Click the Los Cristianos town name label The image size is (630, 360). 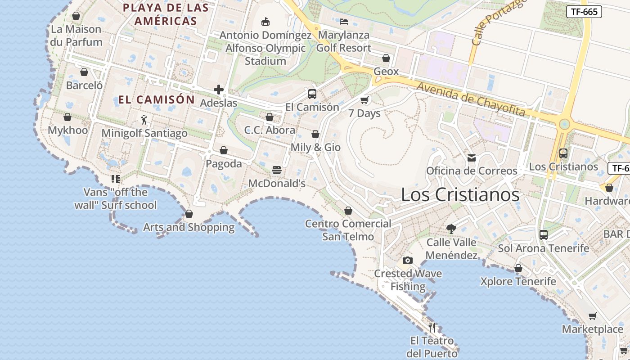coord(460,195)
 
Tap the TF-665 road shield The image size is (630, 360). coord(584,12)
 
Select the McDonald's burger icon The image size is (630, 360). coord(277,170)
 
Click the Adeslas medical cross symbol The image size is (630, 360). coord(219,90)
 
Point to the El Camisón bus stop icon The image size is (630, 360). coord(312,94)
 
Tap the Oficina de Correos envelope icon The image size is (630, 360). coord(472,157)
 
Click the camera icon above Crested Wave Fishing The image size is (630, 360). coord(408,260)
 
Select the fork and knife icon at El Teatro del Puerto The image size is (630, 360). coord(432,327)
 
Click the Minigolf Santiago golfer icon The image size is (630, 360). coord(144,120)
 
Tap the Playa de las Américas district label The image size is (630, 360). coord(166,14)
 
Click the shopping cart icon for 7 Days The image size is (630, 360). coord(364,100)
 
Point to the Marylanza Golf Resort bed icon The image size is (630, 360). coord(344,21)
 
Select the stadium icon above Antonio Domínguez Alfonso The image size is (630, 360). coord(265,22)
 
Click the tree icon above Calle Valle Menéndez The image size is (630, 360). coord(451,229)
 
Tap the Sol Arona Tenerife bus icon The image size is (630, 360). coord(544,234)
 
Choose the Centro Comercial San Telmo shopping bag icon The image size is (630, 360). coord(348,210)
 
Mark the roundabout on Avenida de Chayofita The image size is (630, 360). coord(564,124)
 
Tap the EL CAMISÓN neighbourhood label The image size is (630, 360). coord(157,100)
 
